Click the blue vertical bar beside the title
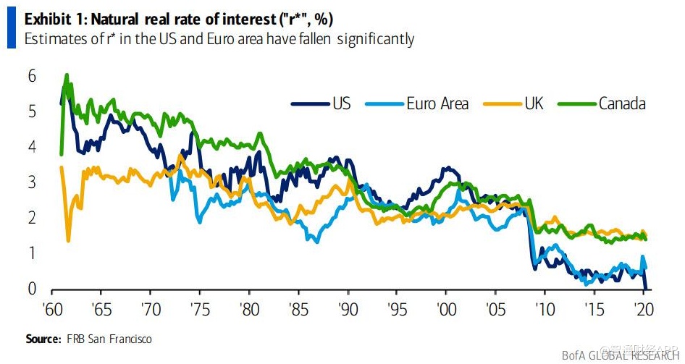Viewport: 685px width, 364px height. [11, 29]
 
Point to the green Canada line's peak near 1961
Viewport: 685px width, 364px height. [67, 75]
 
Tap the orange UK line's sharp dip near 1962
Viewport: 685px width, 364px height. [68, 240]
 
